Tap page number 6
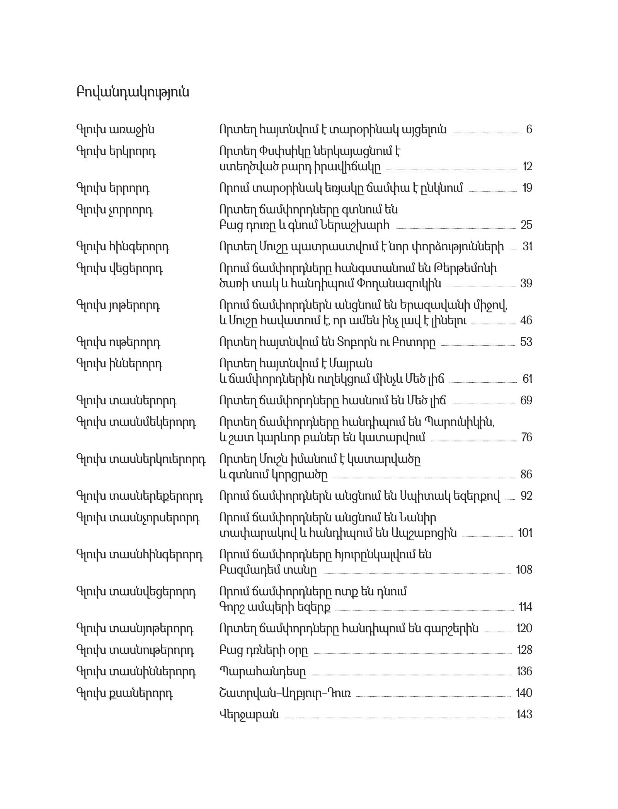529,129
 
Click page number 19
527,188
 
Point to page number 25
526,225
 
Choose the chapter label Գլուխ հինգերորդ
123,246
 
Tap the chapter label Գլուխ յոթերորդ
118,305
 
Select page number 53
526,342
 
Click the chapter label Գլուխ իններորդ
119,364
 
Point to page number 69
526,400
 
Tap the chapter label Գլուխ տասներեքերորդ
140,496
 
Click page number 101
525,533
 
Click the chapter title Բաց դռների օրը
264,650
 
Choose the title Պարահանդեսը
262,672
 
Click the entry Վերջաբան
249,714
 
